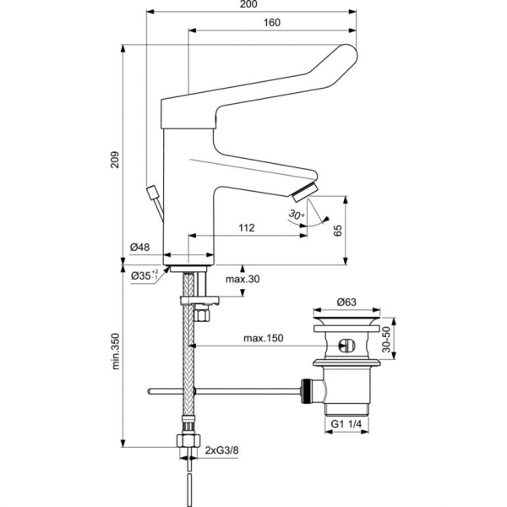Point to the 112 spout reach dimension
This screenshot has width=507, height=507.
(x=246, y=228)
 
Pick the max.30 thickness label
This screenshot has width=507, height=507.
(x=242, y=280)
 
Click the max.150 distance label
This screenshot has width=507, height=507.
(x=264, y=338)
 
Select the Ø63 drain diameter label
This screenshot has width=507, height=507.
(x=345, y=301)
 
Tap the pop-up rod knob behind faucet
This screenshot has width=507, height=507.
(x=153, y=192)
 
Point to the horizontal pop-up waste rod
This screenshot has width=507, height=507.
(x=228, y=390)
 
